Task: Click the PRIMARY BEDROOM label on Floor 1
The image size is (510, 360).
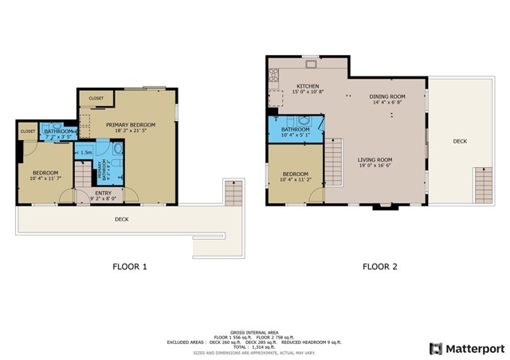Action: point(131,125)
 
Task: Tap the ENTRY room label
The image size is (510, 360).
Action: point(104,193)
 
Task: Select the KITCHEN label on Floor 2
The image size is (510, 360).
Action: point(308,86)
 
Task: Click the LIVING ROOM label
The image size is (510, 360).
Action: point(375,159)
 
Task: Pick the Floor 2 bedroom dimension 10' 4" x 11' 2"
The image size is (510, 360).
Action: point(295,180)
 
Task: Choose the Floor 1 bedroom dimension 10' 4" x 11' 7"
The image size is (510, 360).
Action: point(45,178)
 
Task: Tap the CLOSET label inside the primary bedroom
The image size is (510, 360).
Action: point(96,99)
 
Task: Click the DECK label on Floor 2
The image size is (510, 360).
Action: point(460,141)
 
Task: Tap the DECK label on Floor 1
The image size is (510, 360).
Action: point(121,219)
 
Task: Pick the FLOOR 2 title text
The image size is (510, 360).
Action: point(379,267)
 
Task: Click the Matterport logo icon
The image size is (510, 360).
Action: point(435,348)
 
